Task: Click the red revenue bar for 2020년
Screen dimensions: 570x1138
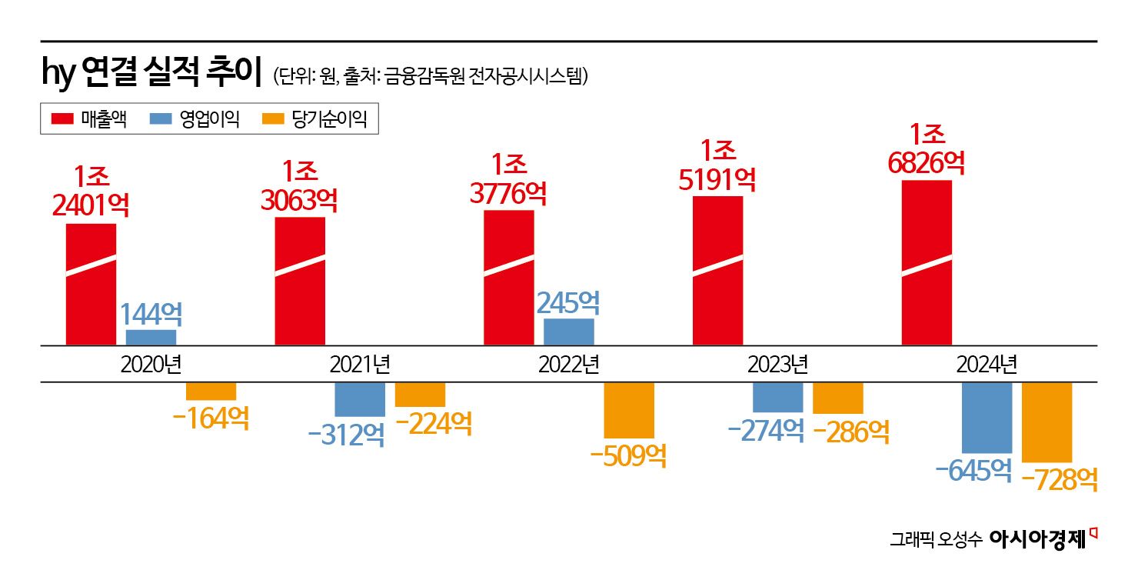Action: pos(91,285)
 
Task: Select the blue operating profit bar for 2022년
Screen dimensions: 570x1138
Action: pos(568,332)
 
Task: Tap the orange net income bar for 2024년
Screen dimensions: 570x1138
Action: pos(1046,422)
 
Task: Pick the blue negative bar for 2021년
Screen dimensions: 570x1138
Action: pos(359,399)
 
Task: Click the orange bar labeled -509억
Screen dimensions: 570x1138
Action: pos(628,410)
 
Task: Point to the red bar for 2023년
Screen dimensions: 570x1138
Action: pos(717,271)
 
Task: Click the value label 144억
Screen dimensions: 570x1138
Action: pos(151,314)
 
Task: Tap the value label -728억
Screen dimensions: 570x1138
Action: pos(1060,479)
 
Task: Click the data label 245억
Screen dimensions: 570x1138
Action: pos(568,303)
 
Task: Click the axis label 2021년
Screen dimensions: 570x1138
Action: pos(359,364)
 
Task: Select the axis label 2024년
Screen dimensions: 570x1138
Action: pos(987,364)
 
